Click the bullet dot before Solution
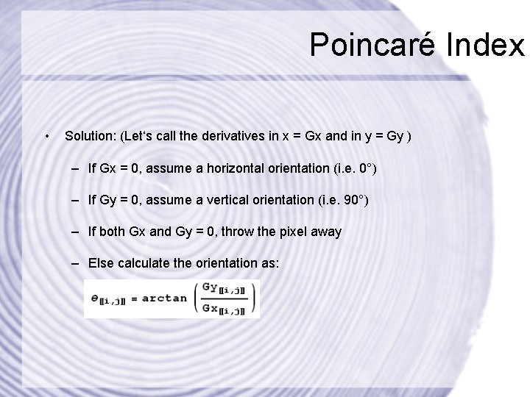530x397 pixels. coord(46,136)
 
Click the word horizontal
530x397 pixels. coord(225,169)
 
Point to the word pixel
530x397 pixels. coord(275,232)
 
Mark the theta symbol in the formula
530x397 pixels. coord(94,299)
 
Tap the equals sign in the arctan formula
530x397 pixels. coord(133,299)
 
